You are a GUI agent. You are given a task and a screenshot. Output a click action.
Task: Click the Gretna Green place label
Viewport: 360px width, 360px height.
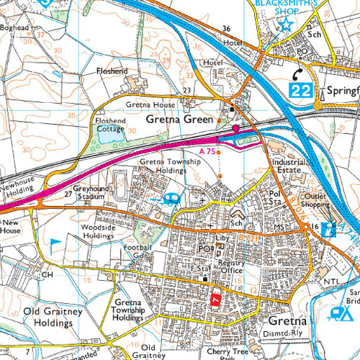click(x=179, y=120)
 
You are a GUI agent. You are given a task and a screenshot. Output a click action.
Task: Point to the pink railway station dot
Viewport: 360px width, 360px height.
click(x=235, y=128)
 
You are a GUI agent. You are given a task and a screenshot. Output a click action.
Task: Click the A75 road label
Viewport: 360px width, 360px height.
click(x=207, y=151)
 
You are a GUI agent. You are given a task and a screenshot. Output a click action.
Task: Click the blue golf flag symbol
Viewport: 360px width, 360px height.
click(x=55, y=244)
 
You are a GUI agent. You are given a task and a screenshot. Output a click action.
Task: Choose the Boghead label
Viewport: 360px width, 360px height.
click(x=17, y=28)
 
